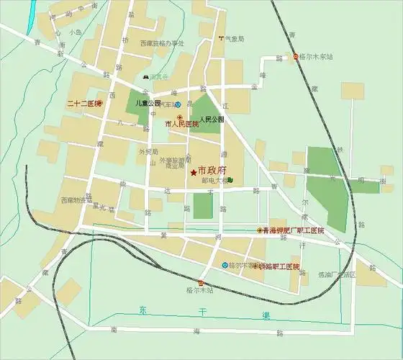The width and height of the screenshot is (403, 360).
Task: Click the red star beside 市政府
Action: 193,173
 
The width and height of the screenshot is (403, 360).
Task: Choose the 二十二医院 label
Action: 81,104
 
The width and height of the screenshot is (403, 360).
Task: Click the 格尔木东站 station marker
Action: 295,56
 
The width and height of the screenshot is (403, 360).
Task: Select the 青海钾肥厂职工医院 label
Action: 294,230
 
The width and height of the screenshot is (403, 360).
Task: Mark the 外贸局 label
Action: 147,151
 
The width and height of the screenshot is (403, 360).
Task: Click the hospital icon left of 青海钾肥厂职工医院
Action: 260,230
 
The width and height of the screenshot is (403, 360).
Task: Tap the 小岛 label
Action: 76,32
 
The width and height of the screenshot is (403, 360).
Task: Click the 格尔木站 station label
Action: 200,291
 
